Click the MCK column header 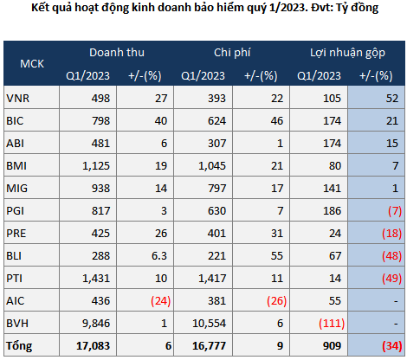point(32,64)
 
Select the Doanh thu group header point(117,53)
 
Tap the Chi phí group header point(232,53)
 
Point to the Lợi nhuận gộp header point(347,53)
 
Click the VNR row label point(18,99)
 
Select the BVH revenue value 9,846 point(96,324)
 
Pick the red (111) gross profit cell point(332,324)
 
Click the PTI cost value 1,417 point(212,279)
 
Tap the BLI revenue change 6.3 point(159,256)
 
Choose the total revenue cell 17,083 point(93,346)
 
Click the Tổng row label point(19,346)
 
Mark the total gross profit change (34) point(391,346)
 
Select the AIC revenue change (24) point(161,301)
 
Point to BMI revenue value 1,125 point(96,166)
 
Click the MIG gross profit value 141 point(332,189)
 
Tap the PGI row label point(16,211)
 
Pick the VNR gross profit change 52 point(392,99)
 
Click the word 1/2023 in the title point(287,8)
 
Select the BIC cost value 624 point(217,121)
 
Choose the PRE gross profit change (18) point(391,234)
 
